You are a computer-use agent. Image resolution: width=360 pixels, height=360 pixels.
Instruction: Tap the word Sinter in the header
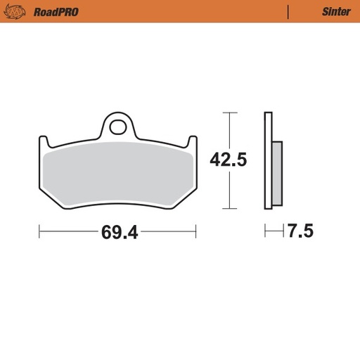(336, 11)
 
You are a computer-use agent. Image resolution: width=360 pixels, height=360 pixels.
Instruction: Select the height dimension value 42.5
(228, 160)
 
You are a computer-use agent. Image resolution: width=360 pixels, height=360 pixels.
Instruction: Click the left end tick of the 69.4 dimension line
(39, 231)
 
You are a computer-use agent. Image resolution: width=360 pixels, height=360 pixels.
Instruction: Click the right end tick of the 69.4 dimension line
(196, 231)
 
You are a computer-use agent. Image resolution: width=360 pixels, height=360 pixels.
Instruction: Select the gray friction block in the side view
(276, 172)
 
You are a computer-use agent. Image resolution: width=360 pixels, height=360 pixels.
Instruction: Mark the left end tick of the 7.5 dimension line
(265, 231)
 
